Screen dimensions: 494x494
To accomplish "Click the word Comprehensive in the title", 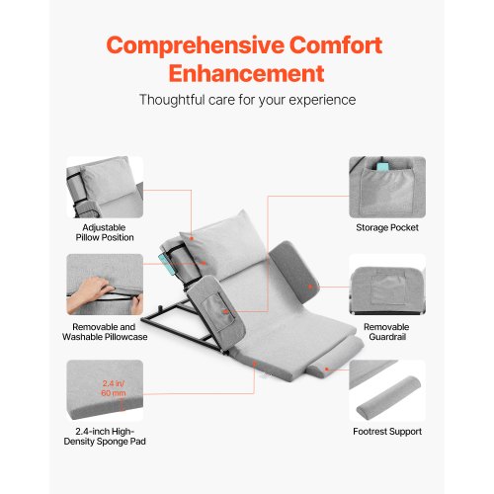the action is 195,45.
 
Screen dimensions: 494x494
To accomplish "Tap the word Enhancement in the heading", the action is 247,73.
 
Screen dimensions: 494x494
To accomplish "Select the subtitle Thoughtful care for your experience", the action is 247,100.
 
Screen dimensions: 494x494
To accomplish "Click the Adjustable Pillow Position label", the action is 105,232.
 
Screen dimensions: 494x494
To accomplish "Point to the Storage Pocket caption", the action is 387,227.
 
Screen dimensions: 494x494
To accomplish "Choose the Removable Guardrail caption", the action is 387,332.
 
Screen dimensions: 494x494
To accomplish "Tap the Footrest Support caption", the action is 387,432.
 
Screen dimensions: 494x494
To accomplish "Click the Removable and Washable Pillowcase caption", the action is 105,332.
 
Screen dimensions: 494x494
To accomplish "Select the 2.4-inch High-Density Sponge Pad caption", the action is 105,437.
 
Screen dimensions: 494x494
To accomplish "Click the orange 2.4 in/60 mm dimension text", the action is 114,388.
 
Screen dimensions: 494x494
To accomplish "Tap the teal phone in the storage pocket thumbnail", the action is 383,167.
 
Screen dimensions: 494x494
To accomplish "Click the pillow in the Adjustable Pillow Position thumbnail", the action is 107,180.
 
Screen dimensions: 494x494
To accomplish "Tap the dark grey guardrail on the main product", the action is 294,274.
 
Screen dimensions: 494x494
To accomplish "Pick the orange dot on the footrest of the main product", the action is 326,370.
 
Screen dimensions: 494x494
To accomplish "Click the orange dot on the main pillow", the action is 192,238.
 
